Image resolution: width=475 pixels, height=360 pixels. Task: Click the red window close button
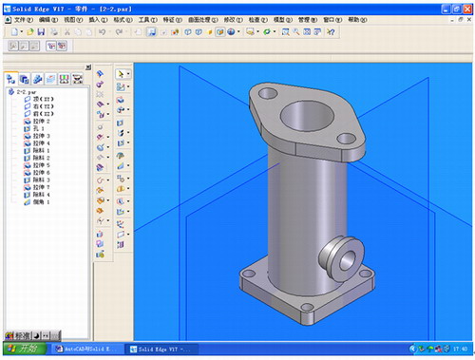point(465,6)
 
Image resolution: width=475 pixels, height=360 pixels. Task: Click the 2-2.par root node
point(26,93)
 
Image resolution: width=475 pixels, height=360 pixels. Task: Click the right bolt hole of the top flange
point(346,139)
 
